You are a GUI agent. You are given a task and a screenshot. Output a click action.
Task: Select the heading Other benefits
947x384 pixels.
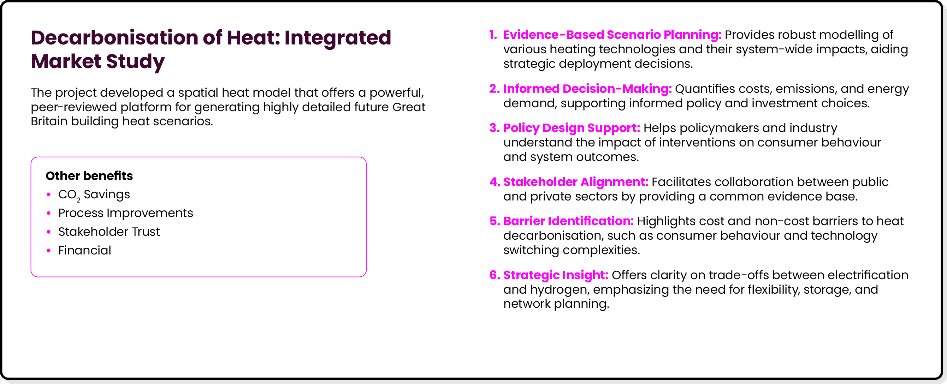coord(89,176)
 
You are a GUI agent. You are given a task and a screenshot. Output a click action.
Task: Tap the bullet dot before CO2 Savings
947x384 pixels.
coord(48,194)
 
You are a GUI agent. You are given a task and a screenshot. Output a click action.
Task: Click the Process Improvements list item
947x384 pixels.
coord(125,213)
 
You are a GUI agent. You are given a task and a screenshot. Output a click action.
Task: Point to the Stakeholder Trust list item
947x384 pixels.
coord(109,232)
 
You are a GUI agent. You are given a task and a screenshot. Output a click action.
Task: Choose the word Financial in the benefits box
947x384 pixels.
coord(84,251)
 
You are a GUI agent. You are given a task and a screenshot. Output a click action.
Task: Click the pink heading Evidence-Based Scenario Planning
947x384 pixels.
coord(612,35)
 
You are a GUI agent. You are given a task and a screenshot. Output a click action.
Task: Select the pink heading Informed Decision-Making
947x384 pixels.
coord(587,89)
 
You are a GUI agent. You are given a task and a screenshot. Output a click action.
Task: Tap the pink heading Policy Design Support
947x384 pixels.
coord(571,128)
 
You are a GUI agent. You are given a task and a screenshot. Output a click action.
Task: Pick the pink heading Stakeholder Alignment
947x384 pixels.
coord(575,182)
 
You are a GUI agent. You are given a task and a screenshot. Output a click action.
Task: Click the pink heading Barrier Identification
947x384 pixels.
coord(568,221)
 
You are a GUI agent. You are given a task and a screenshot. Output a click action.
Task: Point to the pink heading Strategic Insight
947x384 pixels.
coord(556,275)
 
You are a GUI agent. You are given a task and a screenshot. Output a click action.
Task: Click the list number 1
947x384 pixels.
coord(493,35)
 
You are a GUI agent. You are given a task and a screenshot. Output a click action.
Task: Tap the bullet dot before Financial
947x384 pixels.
coord(48,251)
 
